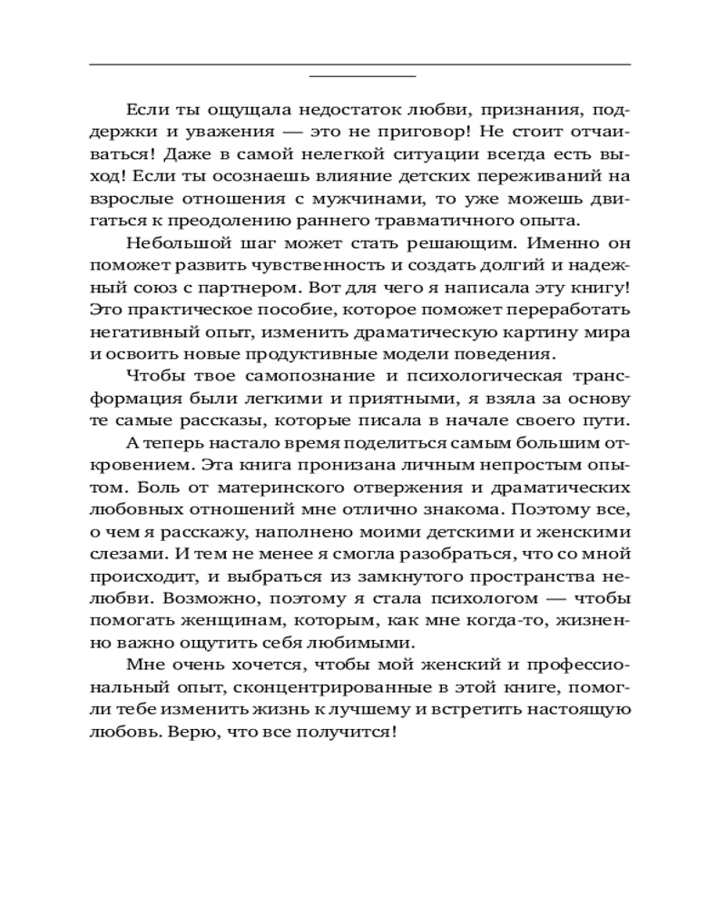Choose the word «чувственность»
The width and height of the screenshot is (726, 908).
pyautogui.click(x=302, y=264)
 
